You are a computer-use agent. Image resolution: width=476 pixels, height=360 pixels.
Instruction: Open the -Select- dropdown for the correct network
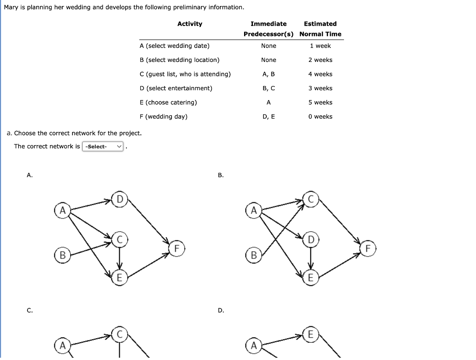[103, 147]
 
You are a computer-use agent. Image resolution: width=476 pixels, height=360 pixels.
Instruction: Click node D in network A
[119, 200]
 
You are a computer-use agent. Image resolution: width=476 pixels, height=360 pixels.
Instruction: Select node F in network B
[368, 248]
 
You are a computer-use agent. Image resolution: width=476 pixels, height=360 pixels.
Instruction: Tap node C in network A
[119, 240]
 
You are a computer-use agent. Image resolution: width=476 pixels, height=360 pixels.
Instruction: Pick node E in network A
[119, 278]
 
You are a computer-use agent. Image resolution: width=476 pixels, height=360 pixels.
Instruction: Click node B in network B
[253, 255]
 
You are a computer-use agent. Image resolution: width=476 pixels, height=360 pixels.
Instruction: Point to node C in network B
[311, 200]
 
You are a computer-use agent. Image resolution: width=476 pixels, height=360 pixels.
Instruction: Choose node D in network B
[311, 240]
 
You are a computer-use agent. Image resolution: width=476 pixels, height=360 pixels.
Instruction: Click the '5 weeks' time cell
[320, 102]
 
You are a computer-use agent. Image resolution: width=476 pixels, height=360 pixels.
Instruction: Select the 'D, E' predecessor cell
[269, 117]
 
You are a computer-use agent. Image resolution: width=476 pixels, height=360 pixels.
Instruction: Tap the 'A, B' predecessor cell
[269, 74]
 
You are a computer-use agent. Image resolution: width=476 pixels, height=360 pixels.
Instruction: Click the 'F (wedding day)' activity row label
[163, 117]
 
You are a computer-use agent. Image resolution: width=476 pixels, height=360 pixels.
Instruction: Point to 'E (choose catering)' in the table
[168, 102]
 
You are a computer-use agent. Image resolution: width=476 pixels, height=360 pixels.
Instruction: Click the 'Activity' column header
[190, 24]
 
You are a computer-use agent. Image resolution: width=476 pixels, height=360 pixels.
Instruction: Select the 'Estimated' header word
[320, 24]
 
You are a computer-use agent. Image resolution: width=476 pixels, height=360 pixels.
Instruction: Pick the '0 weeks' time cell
[320, 117]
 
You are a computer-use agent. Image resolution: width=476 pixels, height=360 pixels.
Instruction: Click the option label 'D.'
[221, 310]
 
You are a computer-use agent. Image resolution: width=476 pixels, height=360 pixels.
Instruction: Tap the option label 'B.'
[221, 175]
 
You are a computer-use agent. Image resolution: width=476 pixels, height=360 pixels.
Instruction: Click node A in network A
[62, 210]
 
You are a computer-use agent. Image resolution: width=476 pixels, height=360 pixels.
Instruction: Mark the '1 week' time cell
[320, 46]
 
